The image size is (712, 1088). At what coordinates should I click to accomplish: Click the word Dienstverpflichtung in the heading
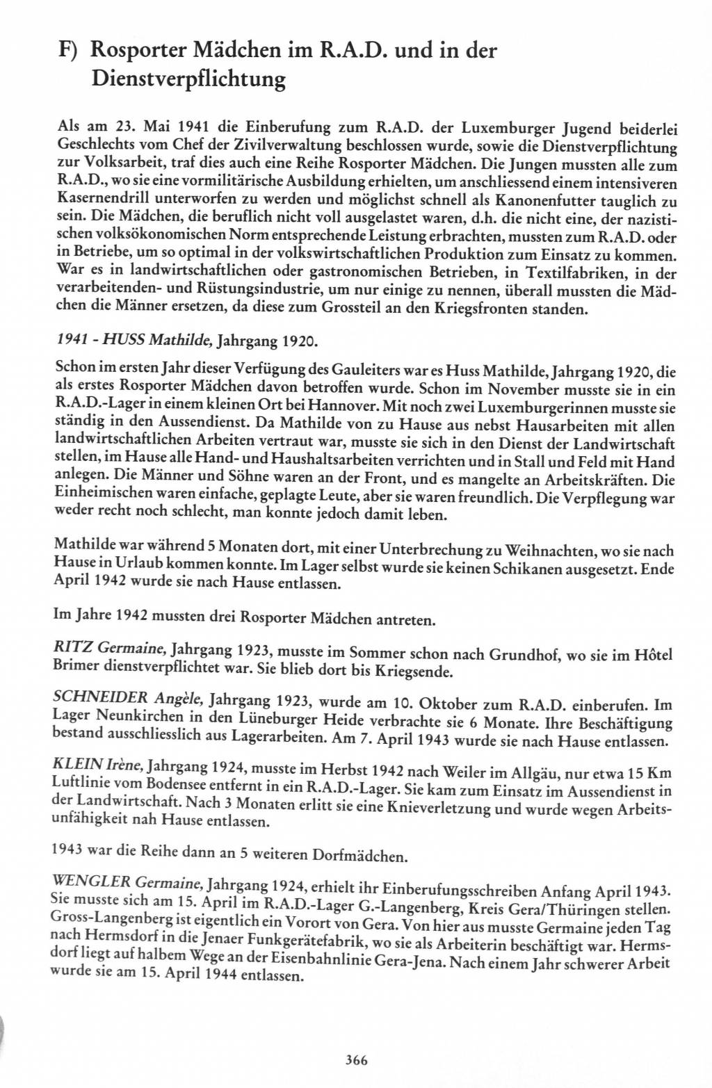(x=188, y=80)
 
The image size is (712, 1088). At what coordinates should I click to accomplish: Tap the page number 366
(x=355, y=1060)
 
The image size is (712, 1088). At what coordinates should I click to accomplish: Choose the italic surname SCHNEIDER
(x=101, y=697)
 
